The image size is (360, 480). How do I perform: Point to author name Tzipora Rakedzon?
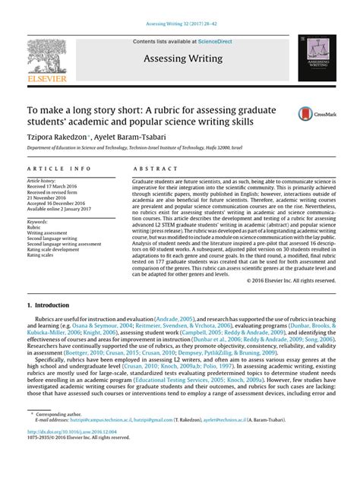[58, 132]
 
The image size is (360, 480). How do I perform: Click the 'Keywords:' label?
[37, 221]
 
